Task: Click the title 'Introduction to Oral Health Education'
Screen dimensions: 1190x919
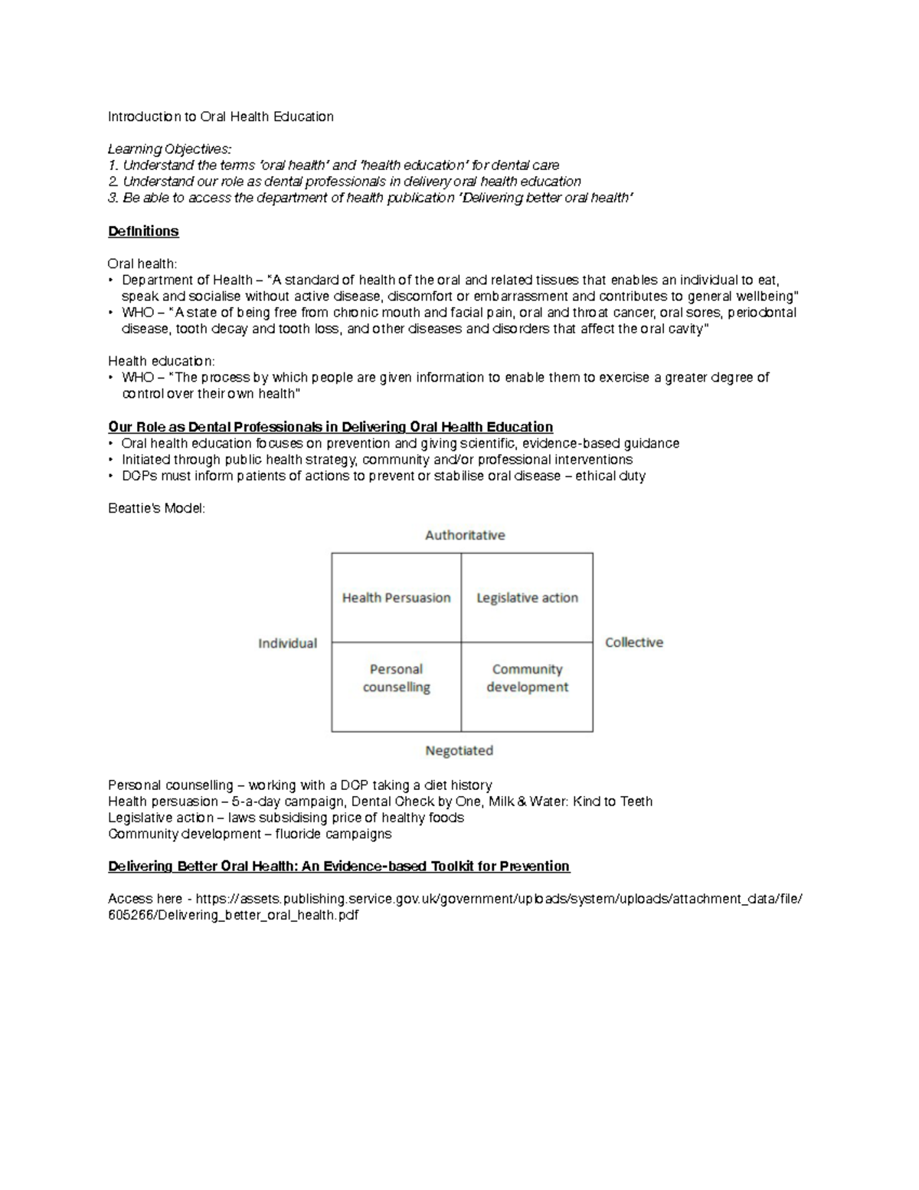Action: click(221, 116)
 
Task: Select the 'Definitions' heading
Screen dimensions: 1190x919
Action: click(143, 231)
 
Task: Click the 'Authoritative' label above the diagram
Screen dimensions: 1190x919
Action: click(465, 535)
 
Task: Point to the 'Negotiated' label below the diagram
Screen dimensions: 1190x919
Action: click(459, 750)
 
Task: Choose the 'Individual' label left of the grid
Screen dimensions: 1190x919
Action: click(287, 643)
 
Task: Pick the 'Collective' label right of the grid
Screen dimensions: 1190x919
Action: click(634, 642)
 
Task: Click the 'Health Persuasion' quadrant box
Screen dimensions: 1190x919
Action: click(396, 598)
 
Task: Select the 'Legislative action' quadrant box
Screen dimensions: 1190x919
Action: click(527, 598)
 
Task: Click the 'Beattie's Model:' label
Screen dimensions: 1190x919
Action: click(157, 508)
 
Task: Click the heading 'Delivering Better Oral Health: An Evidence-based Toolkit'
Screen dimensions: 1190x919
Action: click(338, 866)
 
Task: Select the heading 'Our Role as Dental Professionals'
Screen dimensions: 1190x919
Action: click(330, 427)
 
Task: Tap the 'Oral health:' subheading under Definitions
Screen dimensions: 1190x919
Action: click(142, 264)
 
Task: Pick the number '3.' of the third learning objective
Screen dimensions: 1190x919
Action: click(113, 198)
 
